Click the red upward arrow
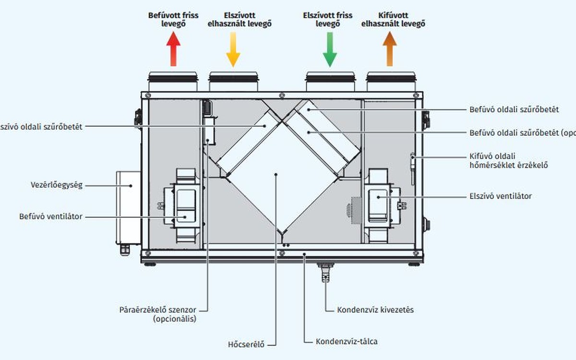point(173,50)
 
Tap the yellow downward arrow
point(233,50)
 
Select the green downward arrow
point(330,50)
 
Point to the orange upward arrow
point(389,50)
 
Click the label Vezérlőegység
point(56,185)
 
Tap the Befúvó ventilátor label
point(51,216)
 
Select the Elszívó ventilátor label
point(500,196)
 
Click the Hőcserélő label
point(246,344)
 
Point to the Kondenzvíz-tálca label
point(347,342)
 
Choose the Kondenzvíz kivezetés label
point(375,310)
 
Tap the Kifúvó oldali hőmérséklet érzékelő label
point(508,161)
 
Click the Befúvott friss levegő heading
point(173,20)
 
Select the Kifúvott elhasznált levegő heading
point(393,20)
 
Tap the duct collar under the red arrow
point(173,82)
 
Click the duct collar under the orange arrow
point(391,82)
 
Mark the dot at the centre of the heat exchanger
point(276,174)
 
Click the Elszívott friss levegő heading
point(328,20)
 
